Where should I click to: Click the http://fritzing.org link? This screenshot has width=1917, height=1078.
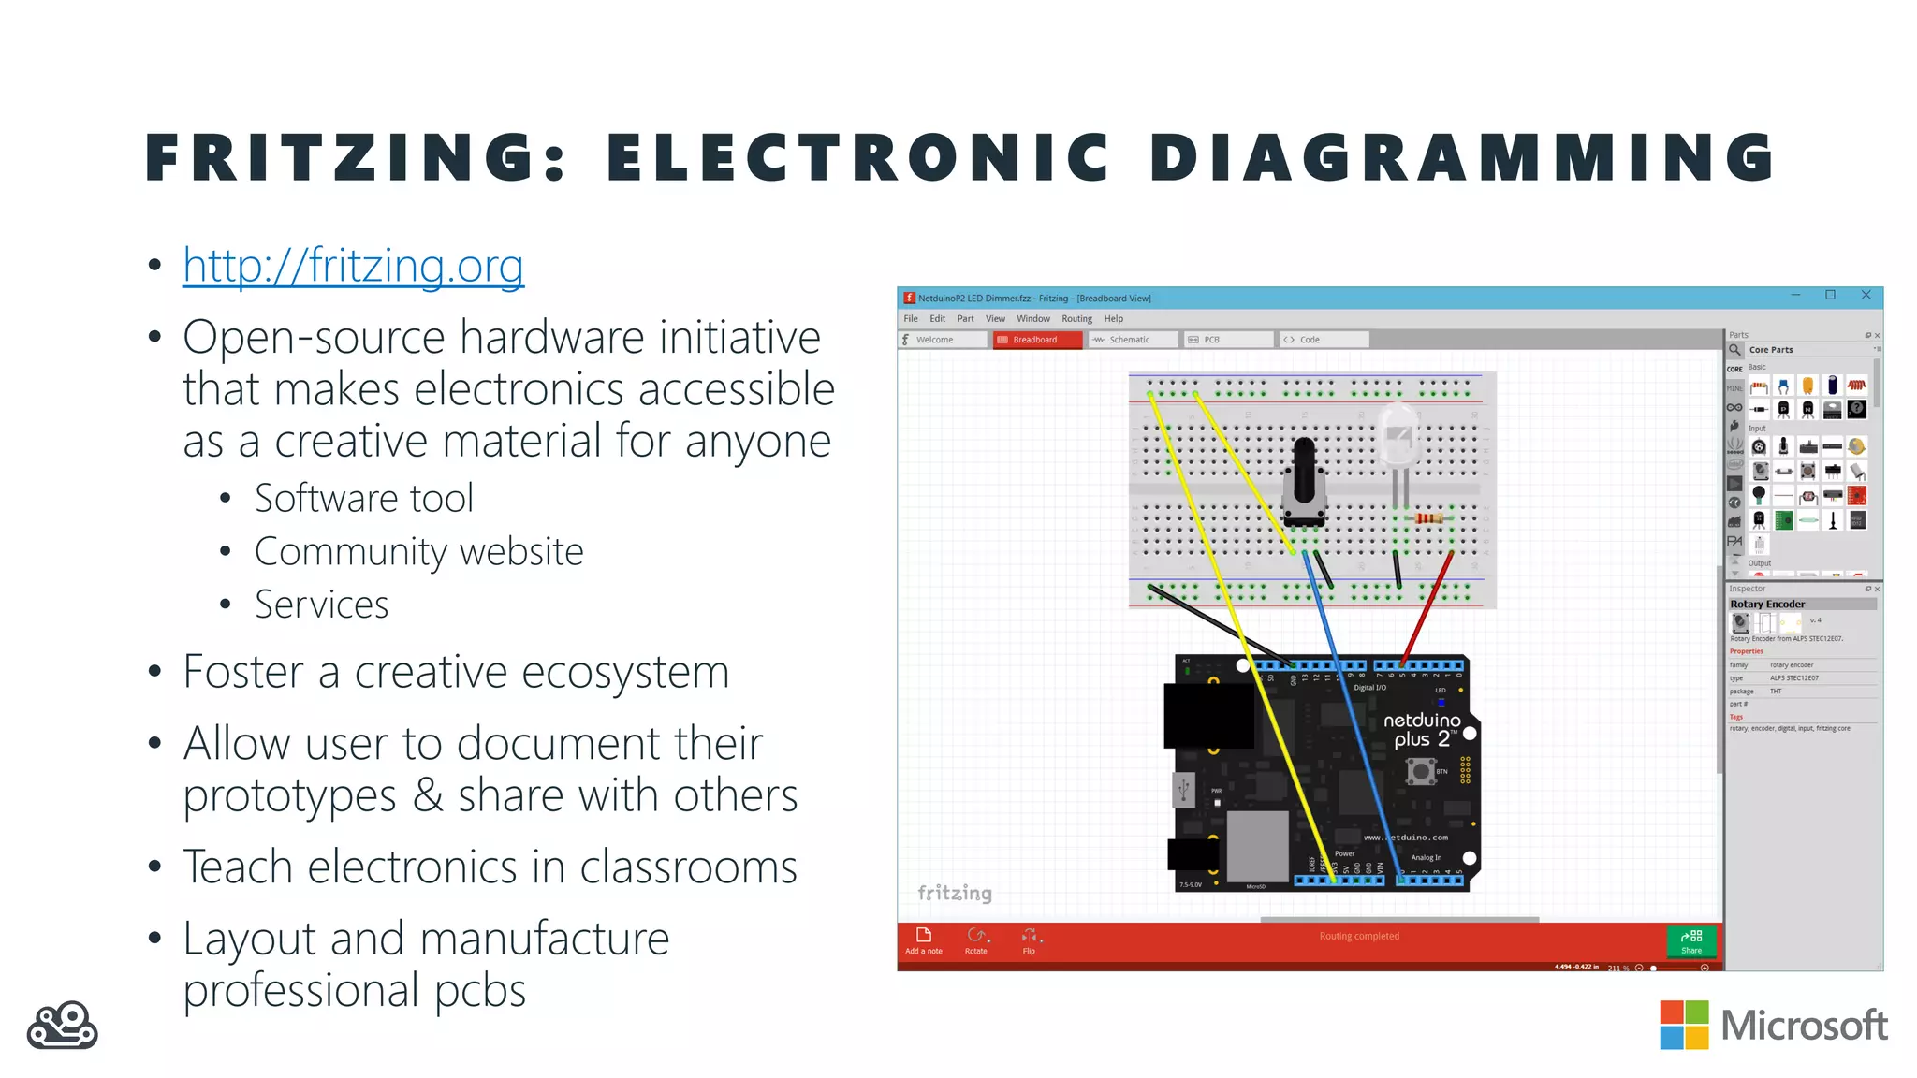tap(353, 266)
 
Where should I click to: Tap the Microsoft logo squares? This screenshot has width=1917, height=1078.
tap(1684, 1025)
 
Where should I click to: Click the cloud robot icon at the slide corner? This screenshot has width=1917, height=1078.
tap(63, 1026)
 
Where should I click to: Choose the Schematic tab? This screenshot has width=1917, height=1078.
tap(1129, 340)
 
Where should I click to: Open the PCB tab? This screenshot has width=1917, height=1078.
tap(1211, 340)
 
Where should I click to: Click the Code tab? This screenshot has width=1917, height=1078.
tap(1309, 340)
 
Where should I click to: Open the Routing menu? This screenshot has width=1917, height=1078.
tap(1076, 319)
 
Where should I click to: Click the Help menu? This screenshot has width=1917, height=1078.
tap(1113, 319)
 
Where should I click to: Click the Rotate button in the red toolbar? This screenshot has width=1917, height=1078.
tap(976, 940)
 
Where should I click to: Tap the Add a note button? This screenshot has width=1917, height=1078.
tap(923, 940)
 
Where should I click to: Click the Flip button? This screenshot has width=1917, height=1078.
tap(1029, 940)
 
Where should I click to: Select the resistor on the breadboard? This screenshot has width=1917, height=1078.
tap(1428, 517)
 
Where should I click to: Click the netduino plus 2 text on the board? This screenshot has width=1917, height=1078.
tap(1422, 729)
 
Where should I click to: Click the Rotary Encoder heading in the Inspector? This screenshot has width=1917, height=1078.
tap(1767, 605)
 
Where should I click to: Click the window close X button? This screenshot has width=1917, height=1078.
tap(1866, 296)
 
